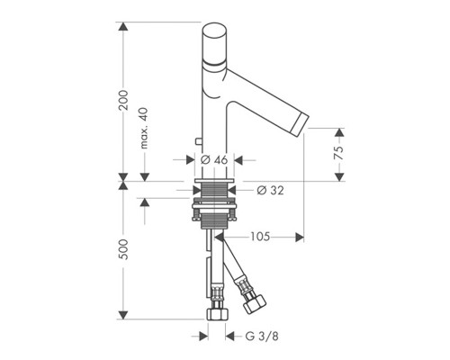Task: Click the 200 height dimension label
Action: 124,100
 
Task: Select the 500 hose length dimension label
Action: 124,249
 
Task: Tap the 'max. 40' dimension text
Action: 144,128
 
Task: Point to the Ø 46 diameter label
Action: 214,160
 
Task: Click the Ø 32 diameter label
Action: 270,190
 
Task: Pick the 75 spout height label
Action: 339,154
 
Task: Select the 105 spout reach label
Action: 260,237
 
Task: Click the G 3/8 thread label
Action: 262,336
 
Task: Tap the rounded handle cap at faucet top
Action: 214,42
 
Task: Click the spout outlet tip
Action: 300,122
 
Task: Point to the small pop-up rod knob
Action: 199,141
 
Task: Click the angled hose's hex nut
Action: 255,304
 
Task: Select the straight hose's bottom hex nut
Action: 218,314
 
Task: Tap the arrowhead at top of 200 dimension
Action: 123,26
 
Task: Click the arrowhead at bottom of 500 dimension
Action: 123,315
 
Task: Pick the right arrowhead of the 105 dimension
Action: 300,238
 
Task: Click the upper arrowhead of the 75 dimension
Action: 339,132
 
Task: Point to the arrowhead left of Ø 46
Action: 191,160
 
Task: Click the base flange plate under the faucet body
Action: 214,180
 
